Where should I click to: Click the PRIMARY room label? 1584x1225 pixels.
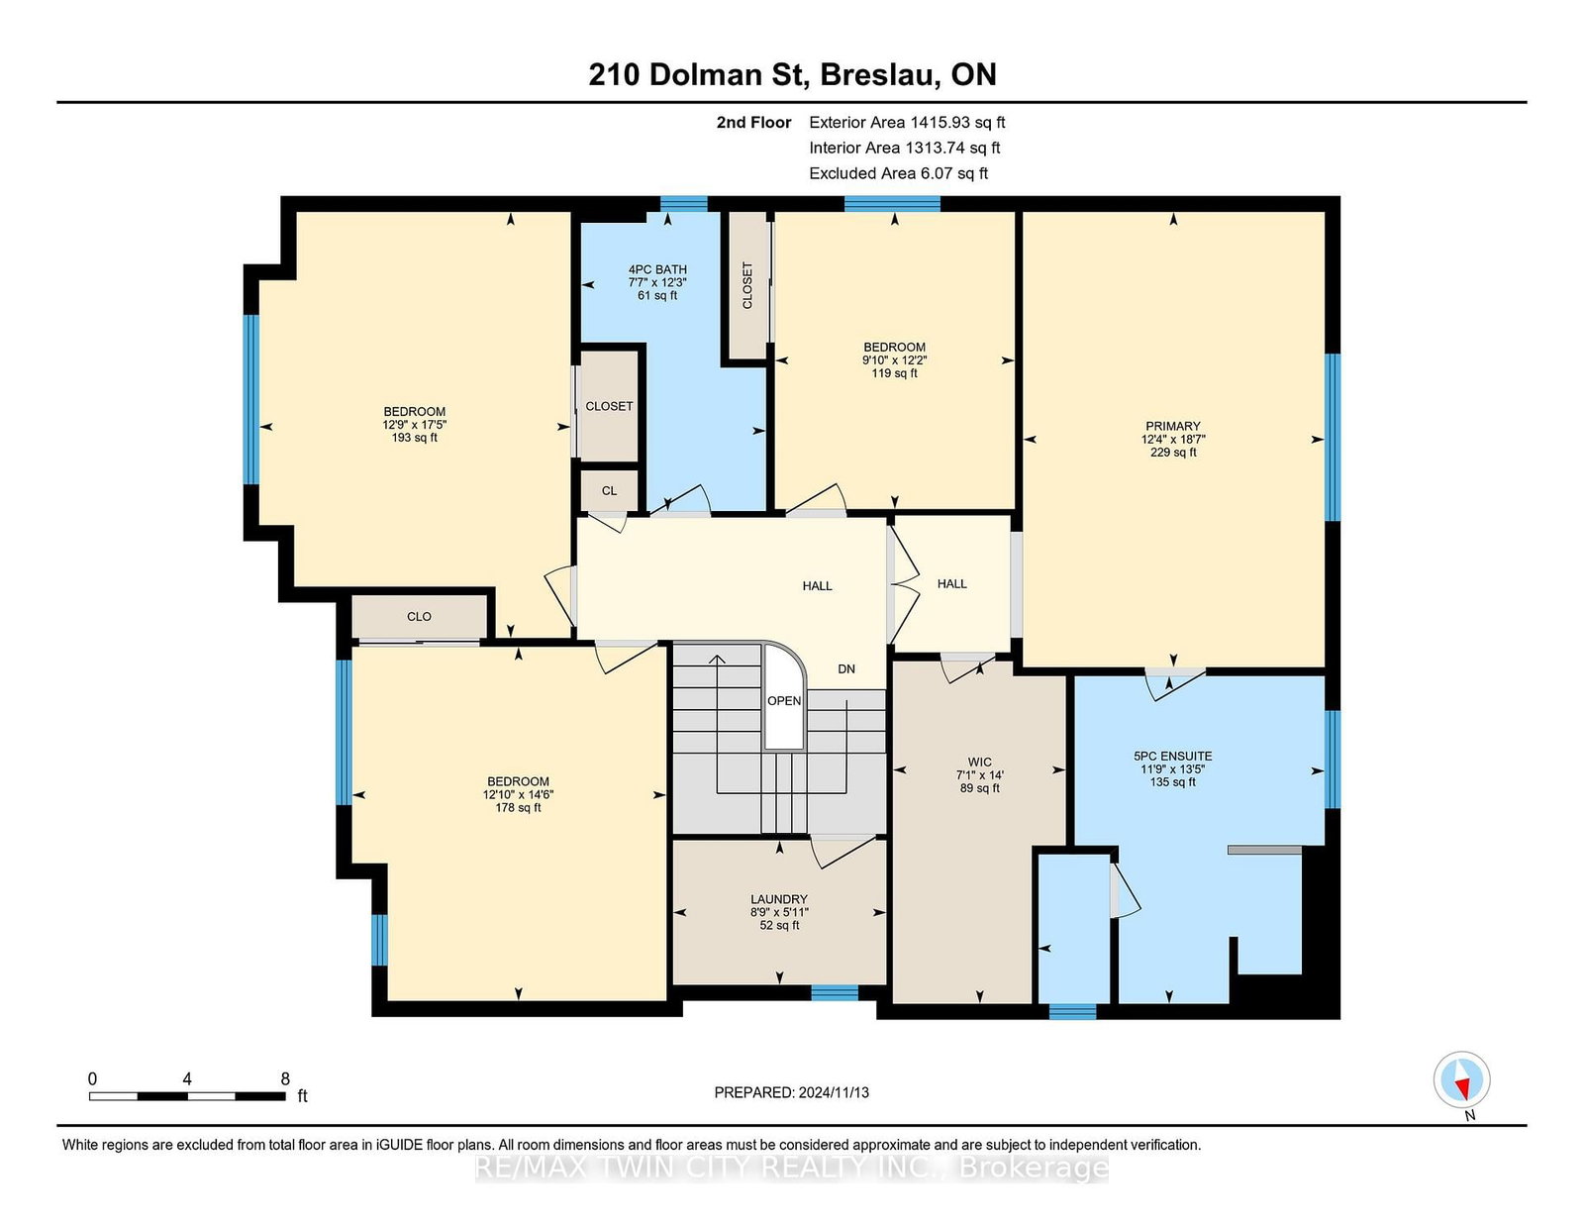click(x=1172, y=426)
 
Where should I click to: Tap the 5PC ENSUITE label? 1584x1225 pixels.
click(x=1172, y=757)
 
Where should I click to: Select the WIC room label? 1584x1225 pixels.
click(x=980, y=762)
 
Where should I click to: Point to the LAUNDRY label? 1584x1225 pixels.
click(x=779, y=899)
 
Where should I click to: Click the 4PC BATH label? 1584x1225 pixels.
click(x=657, y=269)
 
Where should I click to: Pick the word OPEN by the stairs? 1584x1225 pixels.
click(x=784, y=701)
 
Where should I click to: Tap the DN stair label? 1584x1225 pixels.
click(x=846, y=668)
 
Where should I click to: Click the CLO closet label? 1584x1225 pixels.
click(x=419, y=616)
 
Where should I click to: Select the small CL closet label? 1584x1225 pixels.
click(x=610, y=491)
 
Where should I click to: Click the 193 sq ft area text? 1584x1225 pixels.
click(x=415, y=438)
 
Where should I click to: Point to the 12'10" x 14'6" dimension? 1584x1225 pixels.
click(x=519, y=795)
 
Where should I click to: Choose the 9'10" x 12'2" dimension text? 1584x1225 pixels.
click(x=894, y=360)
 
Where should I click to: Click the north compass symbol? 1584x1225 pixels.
click(x=1461, y=1080)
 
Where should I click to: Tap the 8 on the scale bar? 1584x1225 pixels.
click(x=285, y=1078)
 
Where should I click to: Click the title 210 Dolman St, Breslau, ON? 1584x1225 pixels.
click(x=792, y=74)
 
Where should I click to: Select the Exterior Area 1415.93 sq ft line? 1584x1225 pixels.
click(x=907, y=123)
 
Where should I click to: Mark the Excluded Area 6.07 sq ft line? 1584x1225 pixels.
click(x=898, y=173)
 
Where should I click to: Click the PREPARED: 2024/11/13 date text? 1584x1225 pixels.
click(x=792, y=1092)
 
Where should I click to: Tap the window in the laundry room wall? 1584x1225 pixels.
click(x=835, y=992)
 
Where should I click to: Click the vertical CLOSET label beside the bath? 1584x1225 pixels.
click(x=747, y=285)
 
